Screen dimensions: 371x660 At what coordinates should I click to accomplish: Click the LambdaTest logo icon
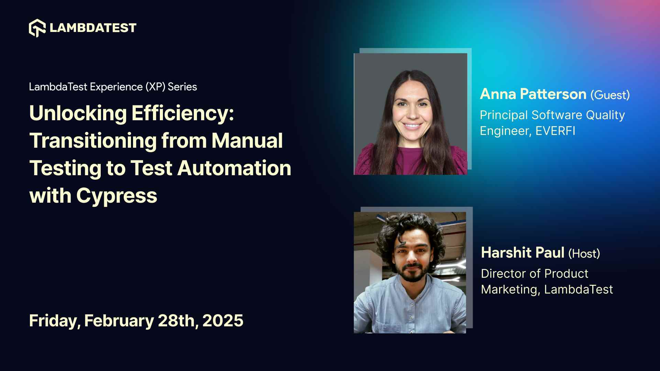(x=37, y=28)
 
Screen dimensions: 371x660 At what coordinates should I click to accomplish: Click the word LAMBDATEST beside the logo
(x=93, y=28)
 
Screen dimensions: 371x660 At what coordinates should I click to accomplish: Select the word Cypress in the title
(x=117, y=196)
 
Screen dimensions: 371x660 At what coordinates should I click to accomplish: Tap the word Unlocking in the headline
(x=78, y=113)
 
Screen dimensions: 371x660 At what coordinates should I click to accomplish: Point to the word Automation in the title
(x=234, y=168)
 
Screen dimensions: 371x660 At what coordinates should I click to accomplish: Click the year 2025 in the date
(x=223, y=321)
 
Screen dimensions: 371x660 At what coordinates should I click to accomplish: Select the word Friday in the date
(x=54, y=321)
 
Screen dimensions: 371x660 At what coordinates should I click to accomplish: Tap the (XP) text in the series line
(x=155, y=87)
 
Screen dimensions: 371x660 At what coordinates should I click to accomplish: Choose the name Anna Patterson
(x=533, y=94)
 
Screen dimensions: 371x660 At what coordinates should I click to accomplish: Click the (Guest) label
(x=610, y=95)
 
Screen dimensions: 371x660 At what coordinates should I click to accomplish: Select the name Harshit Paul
(x=522, y=253)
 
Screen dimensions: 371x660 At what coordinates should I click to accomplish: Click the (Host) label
(x=584, y=254)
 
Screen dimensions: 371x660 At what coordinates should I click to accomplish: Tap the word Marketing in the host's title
(x=509, y=290)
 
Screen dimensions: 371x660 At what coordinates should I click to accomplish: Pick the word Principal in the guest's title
(x=504, y=115)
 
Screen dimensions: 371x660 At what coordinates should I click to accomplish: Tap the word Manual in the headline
(x=247, y=141)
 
